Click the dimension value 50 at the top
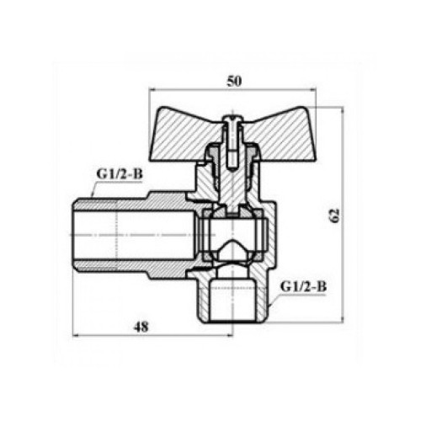pyautogui.click(x=234, y=82)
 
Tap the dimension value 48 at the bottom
pyautogui.click(x=141, y=327)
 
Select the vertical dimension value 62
pyautogui.click(x=334, y=216)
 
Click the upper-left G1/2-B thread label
pyautogui.click(x=120, y=174)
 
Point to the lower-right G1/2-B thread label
pyautogui.click(x=303, y=287)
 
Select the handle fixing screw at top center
pyautogui.click(x=232, y=141)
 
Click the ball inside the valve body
pyautogui.click(x=232, y=234)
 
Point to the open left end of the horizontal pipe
pyautogui.click(x=73, y=234)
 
